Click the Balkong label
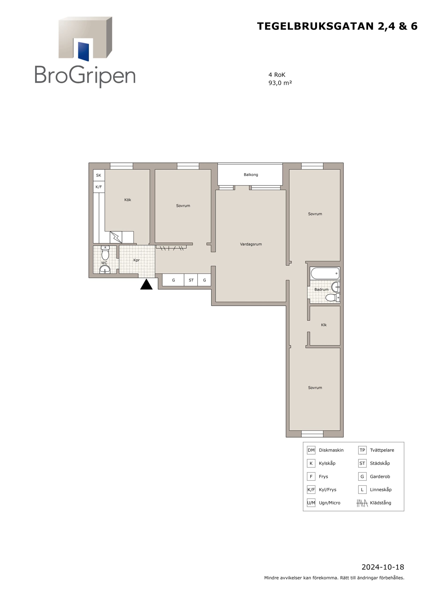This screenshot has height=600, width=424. [251, 175]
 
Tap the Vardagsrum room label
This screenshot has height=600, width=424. [251, 244]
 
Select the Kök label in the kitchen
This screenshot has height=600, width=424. [127, 200]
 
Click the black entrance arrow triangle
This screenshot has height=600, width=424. [146, 284]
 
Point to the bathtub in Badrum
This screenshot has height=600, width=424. [325, 273]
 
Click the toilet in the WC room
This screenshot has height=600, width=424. [105, 253]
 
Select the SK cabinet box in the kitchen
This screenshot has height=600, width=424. [99, 175]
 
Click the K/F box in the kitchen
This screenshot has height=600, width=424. [99, 187]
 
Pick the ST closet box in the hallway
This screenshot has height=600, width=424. [191, 280]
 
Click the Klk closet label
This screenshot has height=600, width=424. [324, 325]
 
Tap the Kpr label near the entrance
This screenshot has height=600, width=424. [136, 260]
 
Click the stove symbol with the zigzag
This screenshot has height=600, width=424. [116, 237]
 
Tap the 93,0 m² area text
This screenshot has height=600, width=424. [280, 83]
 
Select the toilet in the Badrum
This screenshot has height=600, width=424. [333, 297]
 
